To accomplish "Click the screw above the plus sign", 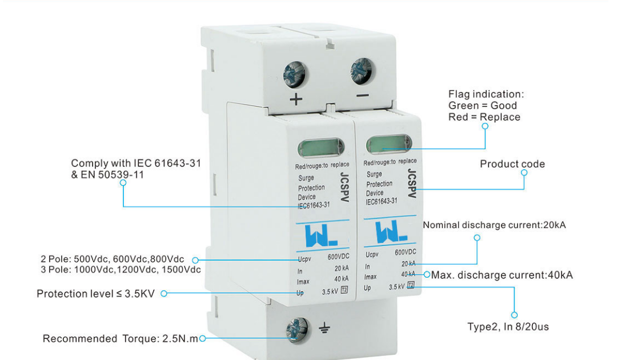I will click(295, 74).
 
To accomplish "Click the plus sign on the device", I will click(296, 99).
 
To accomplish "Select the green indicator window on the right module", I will click(388, 143).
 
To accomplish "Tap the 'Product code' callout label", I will click(512, 165).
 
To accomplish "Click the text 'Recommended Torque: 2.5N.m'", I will click(120, 339).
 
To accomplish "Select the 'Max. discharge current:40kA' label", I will click(502, 275).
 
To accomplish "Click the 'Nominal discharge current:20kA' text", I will click(494, 225).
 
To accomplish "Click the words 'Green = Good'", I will click(482, 106).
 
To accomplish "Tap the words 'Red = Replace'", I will click(484, 117).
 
